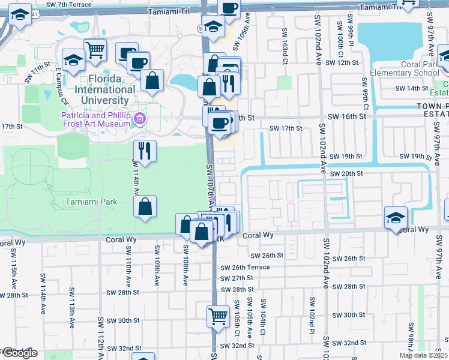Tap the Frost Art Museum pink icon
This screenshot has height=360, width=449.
click(x=140, y=119)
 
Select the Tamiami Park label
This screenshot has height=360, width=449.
click(x=91, y=202)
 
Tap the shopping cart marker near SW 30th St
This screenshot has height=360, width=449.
click(x=218, y=316)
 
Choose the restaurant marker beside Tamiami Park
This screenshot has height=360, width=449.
click(x=144, y=151)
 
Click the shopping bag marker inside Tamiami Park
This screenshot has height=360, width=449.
click(x=145, y=207)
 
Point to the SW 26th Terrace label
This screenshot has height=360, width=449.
click(x=246, y=268)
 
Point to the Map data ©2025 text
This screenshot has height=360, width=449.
click(x=423, y=355)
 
